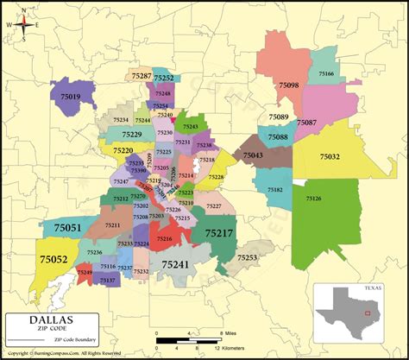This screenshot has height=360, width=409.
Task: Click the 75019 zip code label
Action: [70, 98]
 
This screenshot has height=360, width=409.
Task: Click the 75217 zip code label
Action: [219, 232]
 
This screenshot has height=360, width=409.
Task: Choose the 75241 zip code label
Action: [176, 264]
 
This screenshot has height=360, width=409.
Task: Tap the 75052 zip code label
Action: [53, 259]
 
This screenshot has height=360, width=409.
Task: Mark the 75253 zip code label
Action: [248, 257]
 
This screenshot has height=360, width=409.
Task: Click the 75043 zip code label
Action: [254, 155]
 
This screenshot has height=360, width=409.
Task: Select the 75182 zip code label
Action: [275, 189]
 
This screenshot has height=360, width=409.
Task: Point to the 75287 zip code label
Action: [142, 77]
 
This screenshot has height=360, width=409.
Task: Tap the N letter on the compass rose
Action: [24, 9]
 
